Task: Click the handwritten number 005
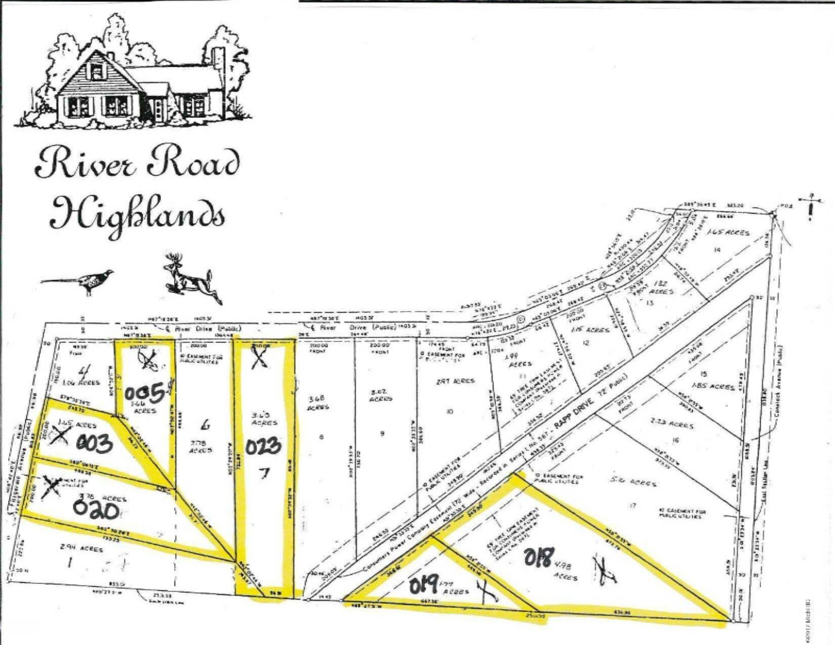click(145, 393)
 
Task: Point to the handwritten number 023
click(263, 447)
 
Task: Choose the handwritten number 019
click(424, 587)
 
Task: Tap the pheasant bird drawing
click(79, 281)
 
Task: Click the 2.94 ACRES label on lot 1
click(81, 548)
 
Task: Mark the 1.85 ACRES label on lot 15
click(715, 387)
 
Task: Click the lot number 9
click(382, 434)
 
